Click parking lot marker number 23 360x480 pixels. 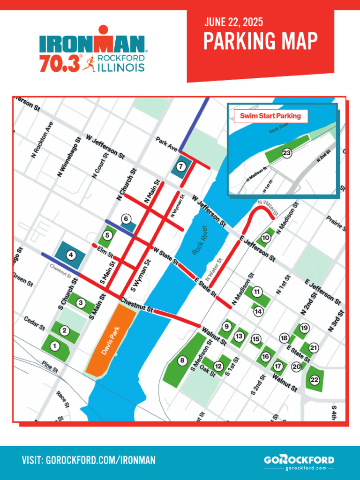pyautogui.click(x=287, y=153)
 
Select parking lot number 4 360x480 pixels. pyautogui.click(x=71, y=255)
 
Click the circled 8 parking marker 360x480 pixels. pyautogui.click(x=182, y=360)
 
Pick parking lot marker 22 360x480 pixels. pyautogui.click(x=315, y=380)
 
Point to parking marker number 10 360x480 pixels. pyautogui.click(x=265, y=238)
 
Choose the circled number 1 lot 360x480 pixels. pyautogui.click(x=55, y=346)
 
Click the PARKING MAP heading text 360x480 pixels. pyautogui.click(x=260, y=41)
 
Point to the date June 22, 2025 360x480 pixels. pyautogui.click(x=233, y=22)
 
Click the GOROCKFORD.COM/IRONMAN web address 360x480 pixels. pyautogui.click(x=89, y=460)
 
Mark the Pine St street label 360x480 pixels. pyautogui.click(x=49, y=366)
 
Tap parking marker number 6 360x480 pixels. pyautogui.click(x=125, y=218)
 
